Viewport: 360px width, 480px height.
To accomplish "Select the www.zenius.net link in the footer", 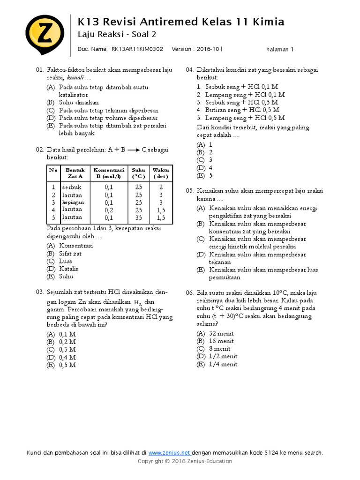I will (170, 452).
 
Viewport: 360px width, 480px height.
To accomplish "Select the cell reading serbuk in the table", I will (71, 187).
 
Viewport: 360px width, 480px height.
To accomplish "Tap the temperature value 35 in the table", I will (138, 217).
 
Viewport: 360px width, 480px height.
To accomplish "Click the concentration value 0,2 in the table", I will (109, 210).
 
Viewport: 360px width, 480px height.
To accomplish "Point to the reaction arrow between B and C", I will (134, 150).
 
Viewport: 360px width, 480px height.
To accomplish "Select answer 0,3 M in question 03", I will (67, 349).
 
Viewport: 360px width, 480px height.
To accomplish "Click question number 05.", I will (190, 191).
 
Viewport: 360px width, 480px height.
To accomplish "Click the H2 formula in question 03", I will (137, 303).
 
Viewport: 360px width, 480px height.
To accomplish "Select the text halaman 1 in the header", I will (279, 49).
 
